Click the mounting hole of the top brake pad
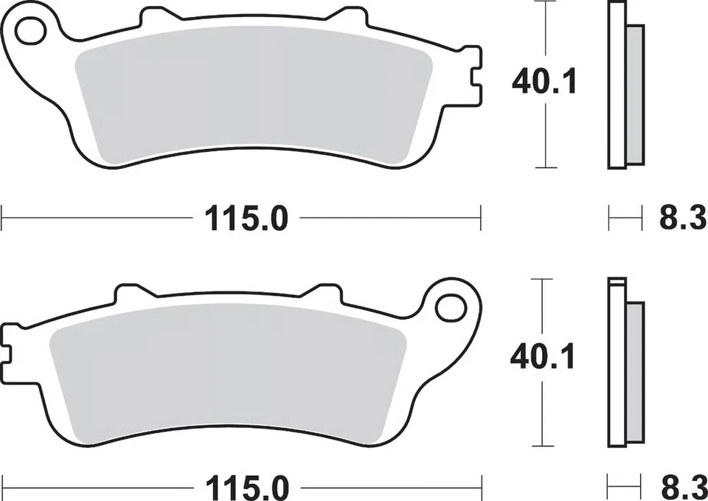tap(30, 31)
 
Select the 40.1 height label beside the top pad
tap(544, 82)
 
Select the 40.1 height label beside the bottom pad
tap(543, 359)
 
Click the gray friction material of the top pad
tap(251, 96)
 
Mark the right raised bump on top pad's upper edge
tap(345, 16)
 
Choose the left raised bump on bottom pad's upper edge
tap(133, 293)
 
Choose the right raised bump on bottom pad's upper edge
tap(323, 293)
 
